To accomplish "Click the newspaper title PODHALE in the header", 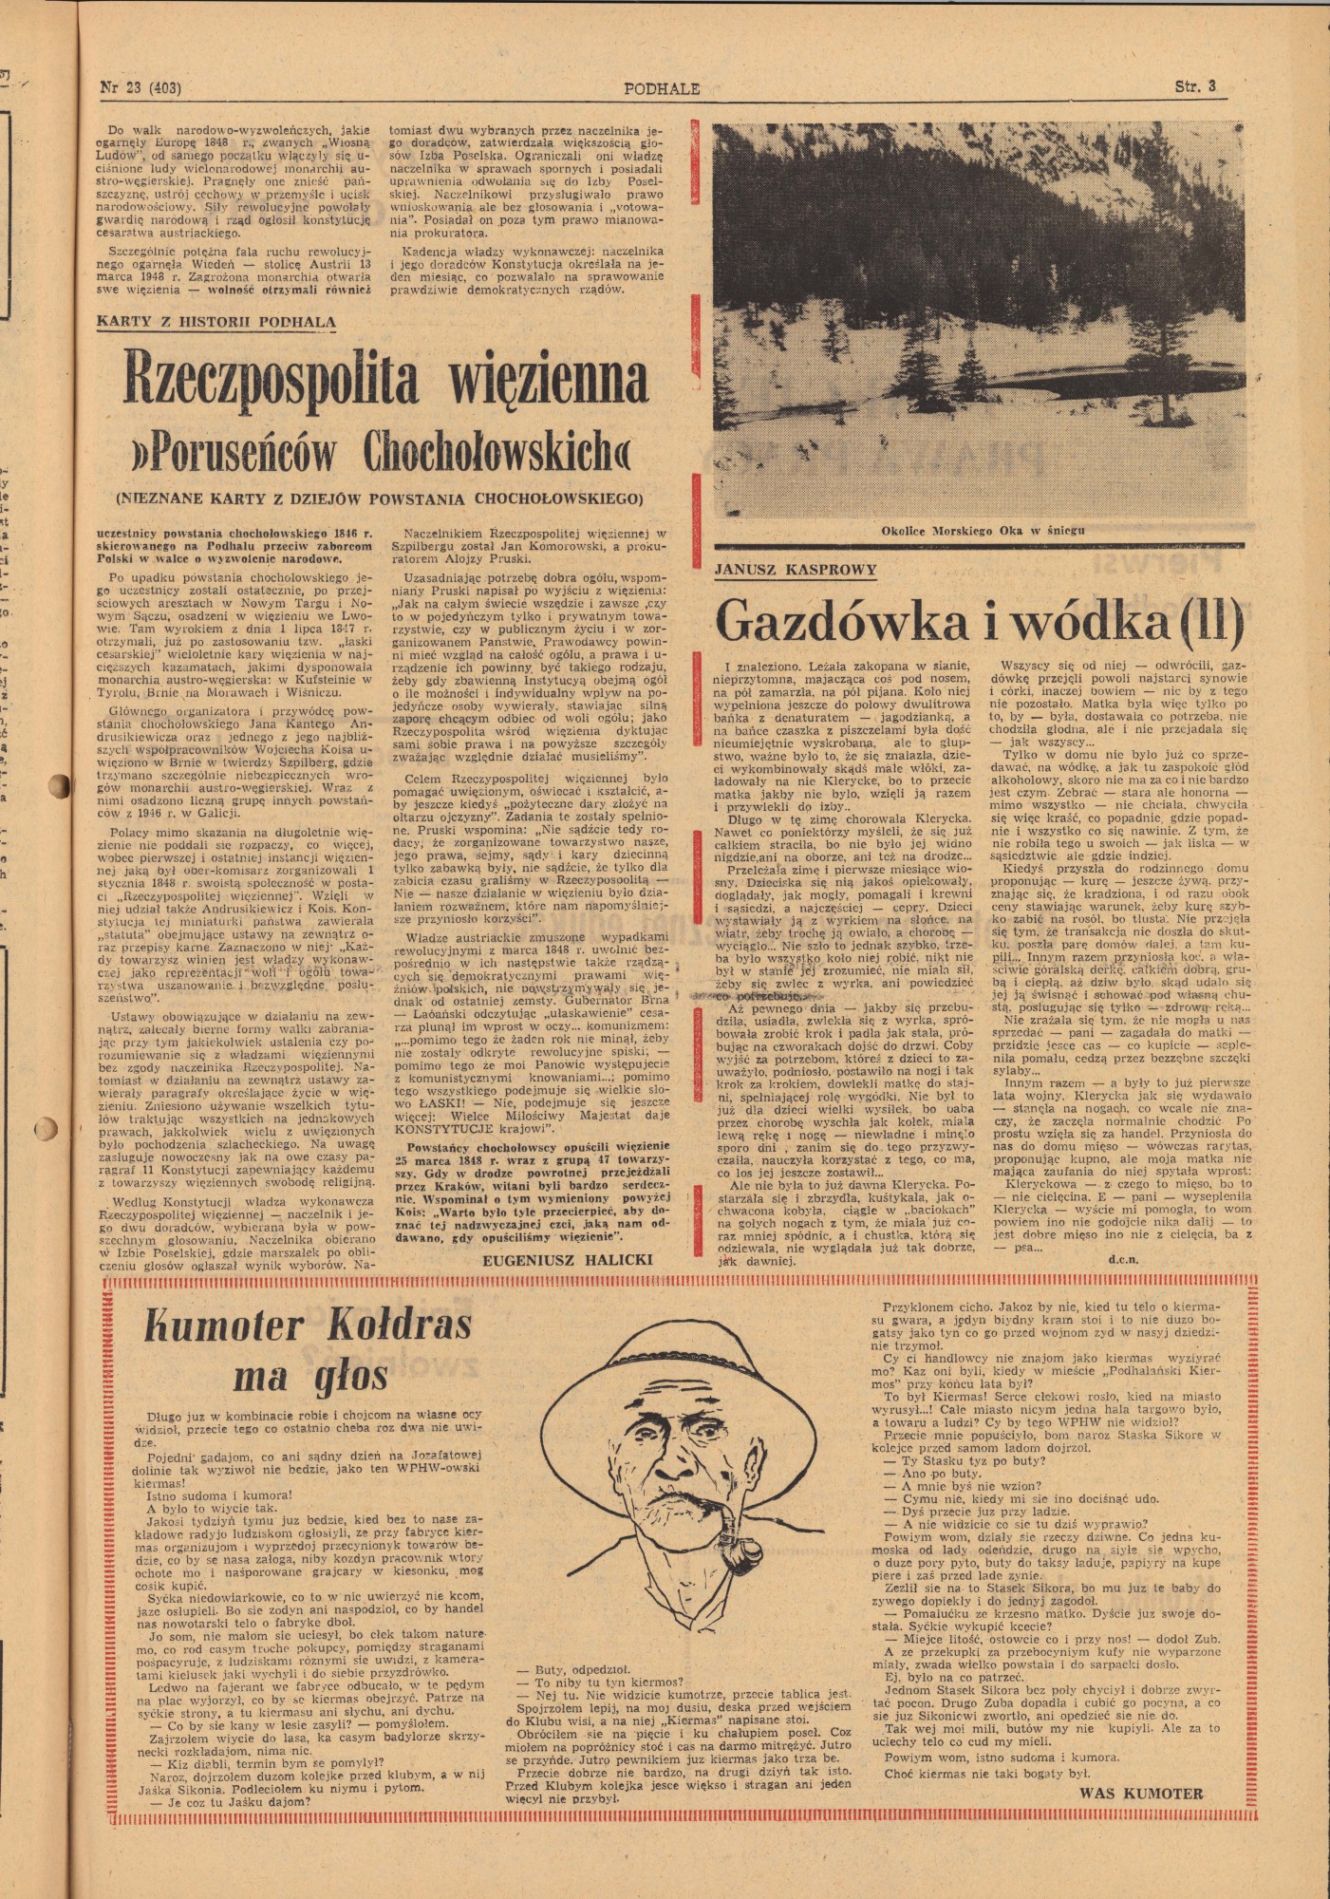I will pyautogui.click(x=662, y=89).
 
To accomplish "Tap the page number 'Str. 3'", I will pyautogui.click(x=1195, y=87).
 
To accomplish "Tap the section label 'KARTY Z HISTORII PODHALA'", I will pyautogui.click(x=216, y=322).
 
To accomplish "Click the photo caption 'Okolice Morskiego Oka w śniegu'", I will pyautogui.click(x=982, y=531).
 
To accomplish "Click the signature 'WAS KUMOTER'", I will pyautogui.click(x=1140, y=1795).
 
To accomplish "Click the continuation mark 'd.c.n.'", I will pyautogui.click(x=1121, y=1259).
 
